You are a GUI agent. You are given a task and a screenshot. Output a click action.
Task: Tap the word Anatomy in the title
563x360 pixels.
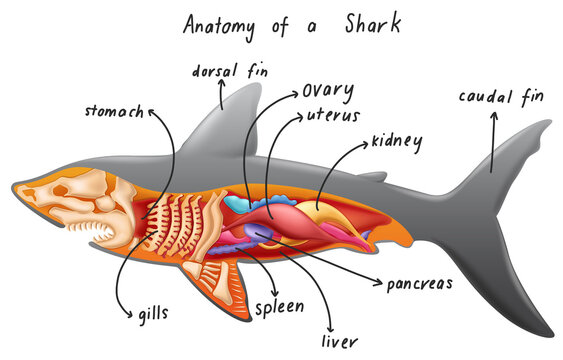[x=222, y=24]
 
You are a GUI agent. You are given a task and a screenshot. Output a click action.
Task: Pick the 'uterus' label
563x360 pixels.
[x=334, y=118]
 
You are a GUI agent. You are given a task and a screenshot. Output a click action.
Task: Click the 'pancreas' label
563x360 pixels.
[x=420, y=283]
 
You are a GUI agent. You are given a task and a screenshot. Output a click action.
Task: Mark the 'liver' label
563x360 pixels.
[x=337, y=341]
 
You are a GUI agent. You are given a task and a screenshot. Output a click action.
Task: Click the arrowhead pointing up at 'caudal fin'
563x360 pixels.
[x=493, y=117]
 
